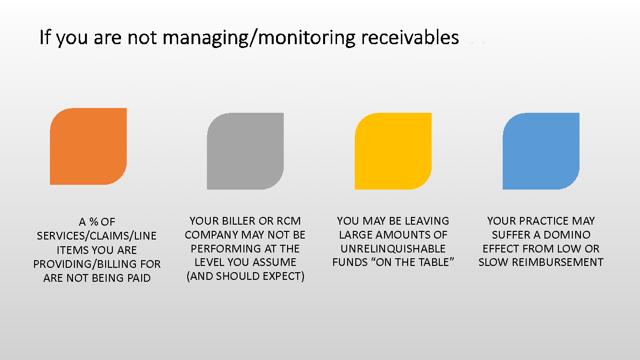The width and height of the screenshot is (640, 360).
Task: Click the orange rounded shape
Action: tap(88, 146)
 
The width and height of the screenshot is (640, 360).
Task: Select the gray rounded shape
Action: tap(245, 151)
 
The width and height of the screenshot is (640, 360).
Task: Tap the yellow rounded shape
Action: tap(393, 151)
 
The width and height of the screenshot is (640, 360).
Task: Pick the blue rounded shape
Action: tap(541, 151)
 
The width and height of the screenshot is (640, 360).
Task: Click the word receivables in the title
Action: tap(410, 37)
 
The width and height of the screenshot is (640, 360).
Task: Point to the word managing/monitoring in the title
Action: tap(259, 38)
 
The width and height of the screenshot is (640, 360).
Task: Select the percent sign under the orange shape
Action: tap(94, 222)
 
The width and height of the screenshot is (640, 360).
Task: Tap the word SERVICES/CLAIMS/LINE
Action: tap(97, 236)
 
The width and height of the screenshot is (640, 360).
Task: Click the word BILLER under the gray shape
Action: tap(239, 221)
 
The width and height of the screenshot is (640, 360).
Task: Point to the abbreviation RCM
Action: tap(289, 221)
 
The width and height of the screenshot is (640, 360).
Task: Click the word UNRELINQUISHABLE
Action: tap(393, 249)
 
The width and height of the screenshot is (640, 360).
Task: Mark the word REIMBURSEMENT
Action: tap(557, 262)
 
